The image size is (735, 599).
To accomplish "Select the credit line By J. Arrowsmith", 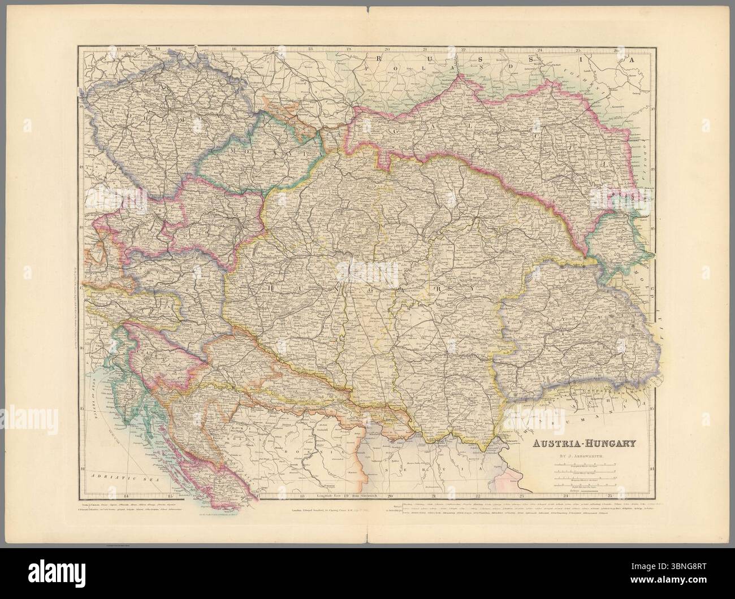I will (583, 455).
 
